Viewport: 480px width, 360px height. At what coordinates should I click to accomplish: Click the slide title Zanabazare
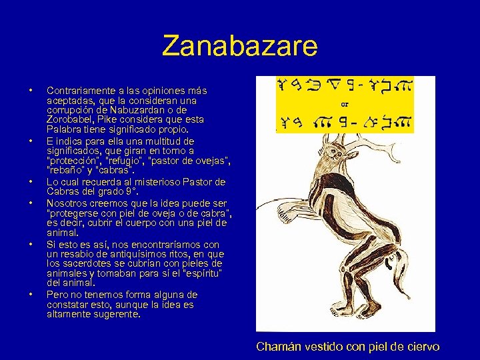(240, 47)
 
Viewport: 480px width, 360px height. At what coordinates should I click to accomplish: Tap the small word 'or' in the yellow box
(345, 103)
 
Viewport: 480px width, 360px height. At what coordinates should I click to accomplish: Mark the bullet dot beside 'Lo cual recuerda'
(30, 182)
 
